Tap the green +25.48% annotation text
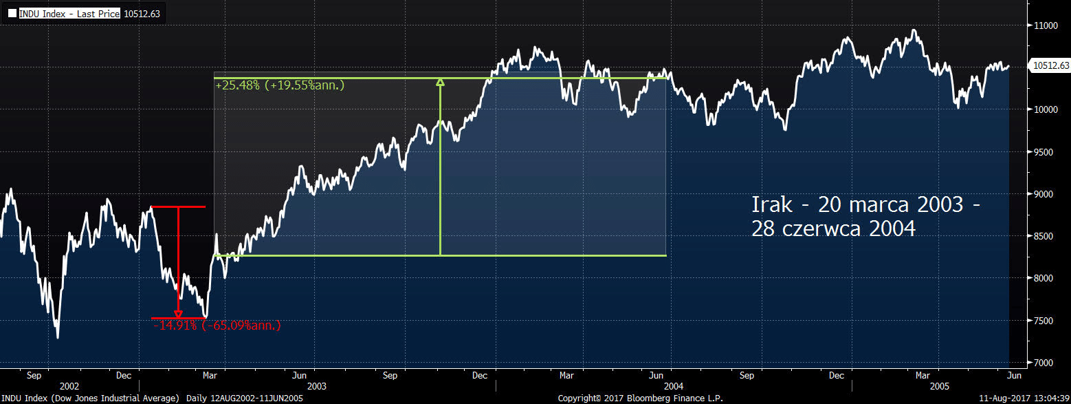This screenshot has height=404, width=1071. click(279, 85)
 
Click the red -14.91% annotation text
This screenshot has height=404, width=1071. click(216, 326)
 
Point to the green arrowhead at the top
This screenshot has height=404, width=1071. click(440, 83)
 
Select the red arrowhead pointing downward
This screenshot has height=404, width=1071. click(178, 315)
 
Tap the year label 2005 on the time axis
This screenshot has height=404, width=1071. click(941, 387)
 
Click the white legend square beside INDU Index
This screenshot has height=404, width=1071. click(12, 13)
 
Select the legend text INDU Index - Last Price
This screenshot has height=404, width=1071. click(69, 13)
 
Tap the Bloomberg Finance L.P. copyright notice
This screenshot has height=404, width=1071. click(640, 398)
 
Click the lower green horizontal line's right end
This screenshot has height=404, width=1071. click(665, 256)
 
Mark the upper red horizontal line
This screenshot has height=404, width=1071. click(178, 206)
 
